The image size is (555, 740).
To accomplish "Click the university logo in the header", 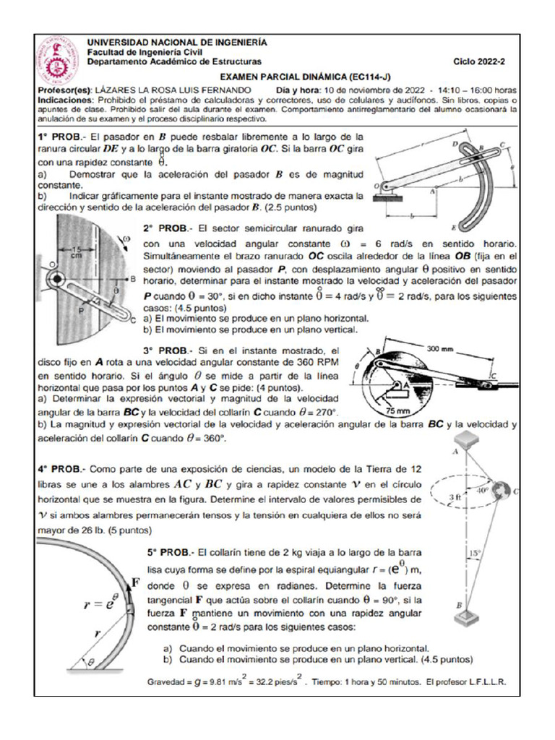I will pos(58,61).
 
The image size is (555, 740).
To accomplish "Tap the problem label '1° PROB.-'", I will pos(61,137).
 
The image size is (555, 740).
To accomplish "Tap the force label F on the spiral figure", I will pos(135,580).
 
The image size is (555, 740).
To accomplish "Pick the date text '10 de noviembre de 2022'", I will pos(373,89).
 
